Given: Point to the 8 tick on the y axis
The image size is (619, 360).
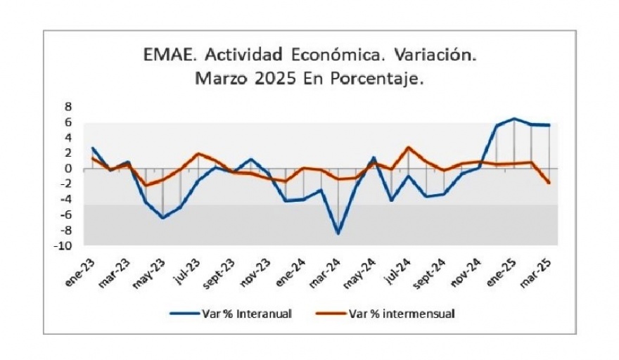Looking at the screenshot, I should [69, 107].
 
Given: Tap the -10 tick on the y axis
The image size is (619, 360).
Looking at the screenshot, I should [65, 245].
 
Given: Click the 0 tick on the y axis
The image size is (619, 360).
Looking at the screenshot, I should [69, 169].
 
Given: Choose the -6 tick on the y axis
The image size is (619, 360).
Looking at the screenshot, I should [66, 214].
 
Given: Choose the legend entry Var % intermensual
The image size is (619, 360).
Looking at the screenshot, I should [401, 313].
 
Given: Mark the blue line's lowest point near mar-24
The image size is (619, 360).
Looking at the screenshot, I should [338, 233].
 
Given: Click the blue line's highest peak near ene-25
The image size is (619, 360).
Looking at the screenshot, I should [514, 119].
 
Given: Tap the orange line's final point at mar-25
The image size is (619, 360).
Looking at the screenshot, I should [549, 183].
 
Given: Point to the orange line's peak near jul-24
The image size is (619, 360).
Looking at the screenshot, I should [408, 148].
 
